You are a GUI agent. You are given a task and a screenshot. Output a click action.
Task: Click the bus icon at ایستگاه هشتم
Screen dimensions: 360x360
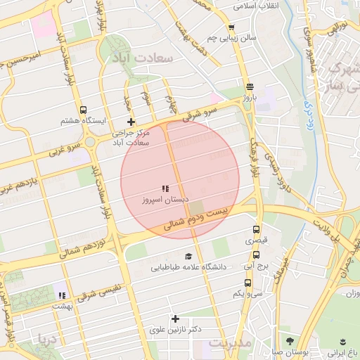point(84,110)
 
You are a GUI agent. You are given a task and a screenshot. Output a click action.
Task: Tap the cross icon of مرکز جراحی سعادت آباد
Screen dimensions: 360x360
point(131,122)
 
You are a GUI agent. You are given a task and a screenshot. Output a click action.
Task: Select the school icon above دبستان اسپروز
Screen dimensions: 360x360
point(165,188)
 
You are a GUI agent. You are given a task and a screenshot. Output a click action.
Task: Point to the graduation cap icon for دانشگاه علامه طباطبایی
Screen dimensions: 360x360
point(188,257)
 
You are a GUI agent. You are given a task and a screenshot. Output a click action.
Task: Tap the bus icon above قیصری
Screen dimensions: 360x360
point(256,229)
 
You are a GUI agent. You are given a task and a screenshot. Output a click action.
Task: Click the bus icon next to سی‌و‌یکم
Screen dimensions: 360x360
point(247,283)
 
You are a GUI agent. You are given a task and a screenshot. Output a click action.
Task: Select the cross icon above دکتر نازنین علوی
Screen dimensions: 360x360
point(175,319)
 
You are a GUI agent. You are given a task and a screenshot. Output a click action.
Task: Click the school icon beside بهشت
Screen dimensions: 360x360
point(62,296)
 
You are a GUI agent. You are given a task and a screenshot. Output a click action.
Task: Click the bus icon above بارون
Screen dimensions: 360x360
point(250,86)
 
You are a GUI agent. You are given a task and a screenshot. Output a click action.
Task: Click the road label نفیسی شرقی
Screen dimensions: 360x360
point(98,292)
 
